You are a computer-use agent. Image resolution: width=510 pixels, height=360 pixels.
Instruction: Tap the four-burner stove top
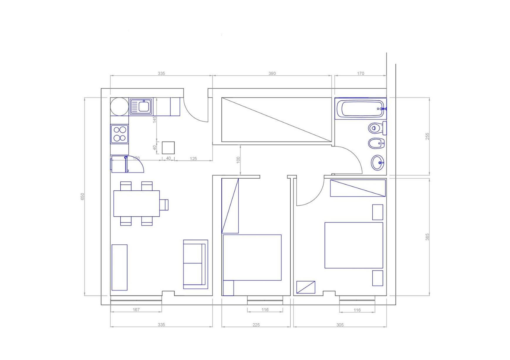[119, 134]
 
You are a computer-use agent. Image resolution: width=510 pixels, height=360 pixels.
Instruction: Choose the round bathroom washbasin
[378, 163]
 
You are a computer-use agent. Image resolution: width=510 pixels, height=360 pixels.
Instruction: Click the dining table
[137, 203]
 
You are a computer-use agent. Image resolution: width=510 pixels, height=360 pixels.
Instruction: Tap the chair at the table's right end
[164, 205]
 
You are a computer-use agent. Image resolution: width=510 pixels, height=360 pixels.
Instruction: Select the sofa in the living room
[196, 264]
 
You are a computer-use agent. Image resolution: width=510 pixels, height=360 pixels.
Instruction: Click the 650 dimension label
[83, 197]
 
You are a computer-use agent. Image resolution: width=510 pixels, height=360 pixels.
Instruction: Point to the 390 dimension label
[272, 73]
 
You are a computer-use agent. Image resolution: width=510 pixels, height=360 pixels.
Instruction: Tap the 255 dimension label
[427, 136]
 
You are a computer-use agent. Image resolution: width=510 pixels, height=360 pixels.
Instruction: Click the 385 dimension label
[427, 237]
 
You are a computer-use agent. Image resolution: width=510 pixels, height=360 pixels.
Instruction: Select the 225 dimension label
[256, 325]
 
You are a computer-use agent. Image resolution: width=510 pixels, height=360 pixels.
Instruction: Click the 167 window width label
[136, 310]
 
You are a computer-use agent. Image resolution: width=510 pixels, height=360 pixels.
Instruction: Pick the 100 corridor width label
[238, 160]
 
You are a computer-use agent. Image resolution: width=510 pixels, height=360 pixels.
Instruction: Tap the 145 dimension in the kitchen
[155, 119]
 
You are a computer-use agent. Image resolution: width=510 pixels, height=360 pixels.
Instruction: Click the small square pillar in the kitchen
[168, 148]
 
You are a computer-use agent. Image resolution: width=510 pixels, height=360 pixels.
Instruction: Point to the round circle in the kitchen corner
[119, 107]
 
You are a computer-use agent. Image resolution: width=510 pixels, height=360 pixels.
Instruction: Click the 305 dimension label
[340, 325]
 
